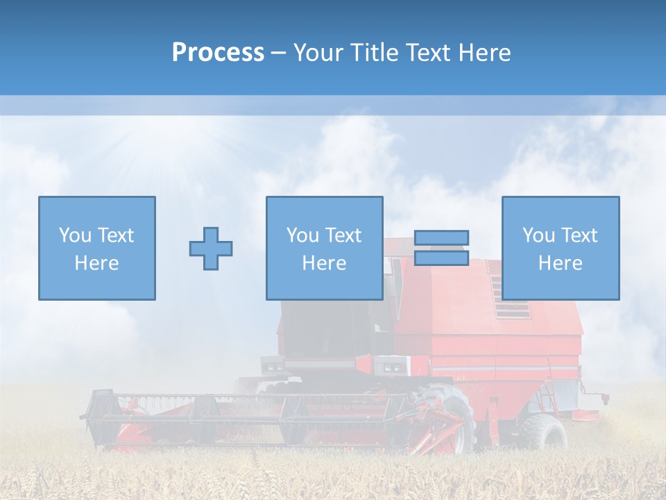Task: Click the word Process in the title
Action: [218, 53]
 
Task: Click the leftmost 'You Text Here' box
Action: [97, 248]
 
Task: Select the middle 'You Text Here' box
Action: [324, 248]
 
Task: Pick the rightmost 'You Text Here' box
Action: [561, 248]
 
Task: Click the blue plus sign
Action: [211, 248]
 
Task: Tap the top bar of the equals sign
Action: [441, 237]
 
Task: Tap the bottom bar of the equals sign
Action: [441, 258]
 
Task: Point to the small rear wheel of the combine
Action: [545, 432]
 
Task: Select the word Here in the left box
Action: [97, 263]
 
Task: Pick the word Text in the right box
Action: [580, 235]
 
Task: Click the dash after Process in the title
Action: [279, 53]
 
